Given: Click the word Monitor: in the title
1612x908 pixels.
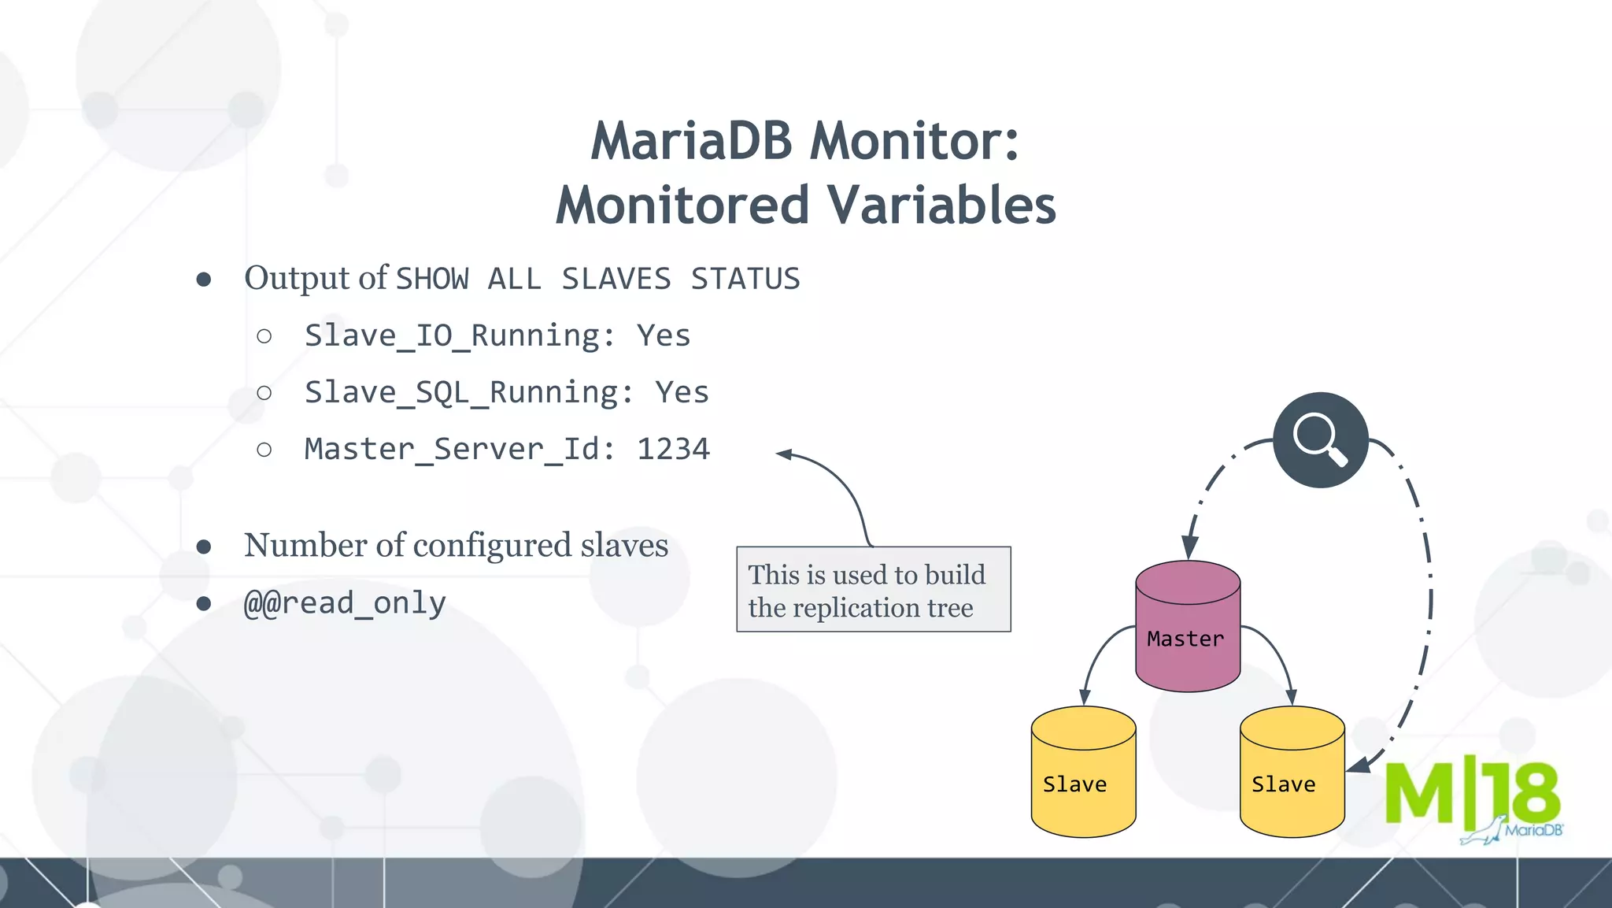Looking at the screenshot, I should click(x=915, y=142).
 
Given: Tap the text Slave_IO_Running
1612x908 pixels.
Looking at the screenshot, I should click(x=452, y=336).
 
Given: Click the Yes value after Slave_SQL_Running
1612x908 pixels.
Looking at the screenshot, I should click(x=682, y=392).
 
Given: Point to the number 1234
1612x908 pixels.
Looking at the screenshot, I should click(x=673, y=449).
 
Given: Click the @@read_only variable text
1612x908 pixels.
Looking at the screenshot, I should click(x=345, y=603).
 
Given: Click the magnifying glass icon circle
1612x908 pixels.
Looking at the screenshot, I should click(x=1320, y=439).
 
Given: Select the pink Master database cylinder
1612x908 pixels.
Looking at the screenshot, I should click(x=1187, y=626).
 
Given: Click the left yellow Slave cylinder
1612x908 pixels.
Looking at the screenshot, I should click(x=1083, y=772).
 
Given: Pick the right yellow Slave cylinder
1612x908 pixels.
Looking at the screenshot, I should click(x=1292, y=772).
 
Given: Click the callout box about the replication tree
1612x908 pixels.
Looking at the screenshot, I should click(x=873, y=590).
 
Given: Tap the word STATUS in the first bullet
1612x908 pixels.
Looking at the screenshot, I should click(x=745, y=279).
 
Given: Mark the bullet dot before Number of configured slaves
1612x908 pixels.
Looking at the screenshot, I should click(x=204, y=547).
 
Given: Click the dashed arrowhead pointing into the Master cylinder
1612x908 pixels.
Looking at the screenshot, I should click(x=1189, y=547).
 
